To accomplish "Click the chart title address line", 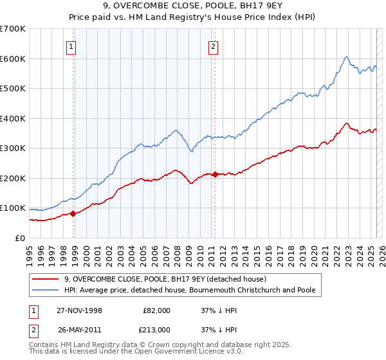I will click(192, 5).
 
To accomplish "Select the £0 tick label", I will click(19, 238).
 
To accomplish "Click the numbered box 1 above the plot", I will click(70, 46).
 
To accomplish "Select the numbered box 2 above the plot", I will click(213, 46).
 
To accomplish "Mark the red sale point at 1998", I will click(73, 213).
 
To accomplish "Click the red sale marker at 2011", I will click(215, 174).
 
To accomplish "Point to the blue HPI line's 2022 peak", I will click(346, 57).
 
